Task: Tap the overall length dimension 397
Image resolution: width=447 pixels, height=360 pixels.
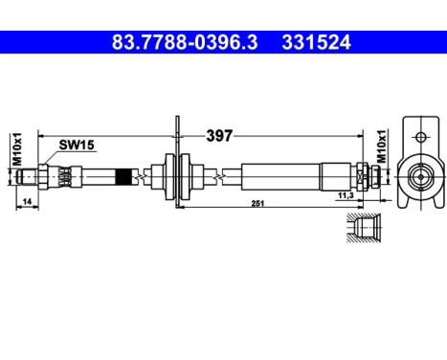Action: [x=219, y=136]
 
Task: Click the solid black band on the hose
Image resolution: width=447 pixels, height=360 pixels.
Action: [x=123, y=176]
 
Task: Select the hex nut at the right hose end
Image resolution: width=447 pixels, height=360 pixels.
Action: [x=364, y=176]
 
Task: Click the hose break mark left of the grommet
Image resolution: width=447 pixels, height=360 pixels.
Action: [x=142, y=176]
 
